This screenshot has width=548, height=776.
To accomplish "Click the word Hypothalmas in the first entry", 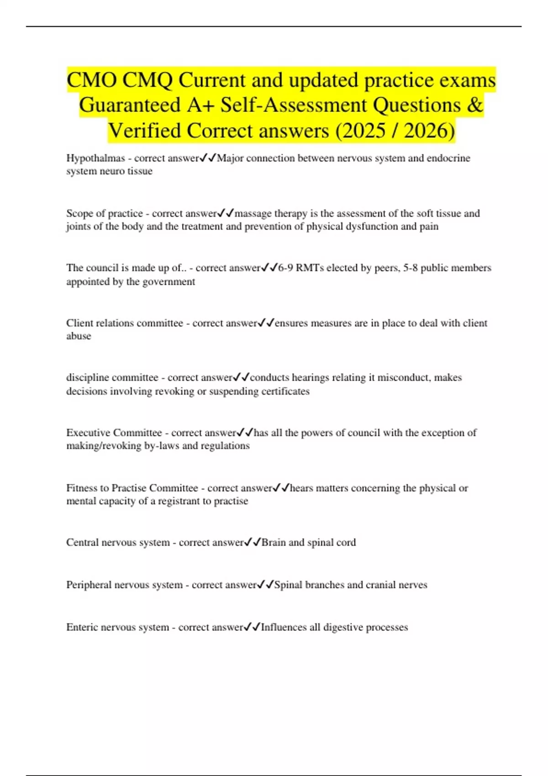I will [95, 158].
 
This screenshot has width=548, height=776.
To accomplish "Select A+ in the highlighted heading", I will [200, 105].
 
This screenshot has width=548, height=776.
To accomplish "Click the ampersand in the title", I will [475, 105].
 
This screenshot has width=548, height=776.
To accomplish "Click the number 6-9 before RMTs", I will [285, 268].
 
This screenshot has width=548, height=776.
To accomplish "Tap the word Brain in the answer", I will [273, 543].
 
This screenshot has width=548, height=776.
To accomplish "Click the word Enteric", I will [82, 628].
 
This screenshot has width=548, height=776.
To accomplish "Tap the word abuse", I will [79, 336].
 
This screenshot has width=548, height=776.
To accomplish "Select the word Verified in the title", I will [145, 131].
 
